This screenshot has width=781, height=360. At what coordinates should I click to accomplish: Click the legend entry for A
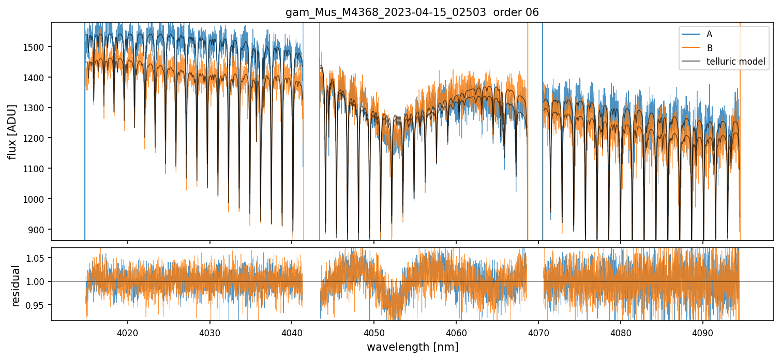710,34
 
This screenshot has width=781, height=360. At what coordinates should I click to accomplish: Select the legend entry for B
710,48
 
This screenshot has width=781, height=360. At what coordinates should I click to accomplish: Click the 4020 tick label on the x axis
127,331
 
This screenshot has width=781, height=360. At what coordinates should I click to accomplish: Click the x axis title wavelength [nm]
412,347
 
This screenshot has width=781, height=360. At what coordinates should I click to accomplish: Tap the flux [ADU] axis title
12,131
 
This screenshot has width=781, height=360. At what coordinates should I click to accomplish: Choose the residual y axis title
16,286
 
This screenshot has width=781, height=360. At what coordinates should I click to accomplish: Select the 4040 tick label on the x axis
292,331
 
